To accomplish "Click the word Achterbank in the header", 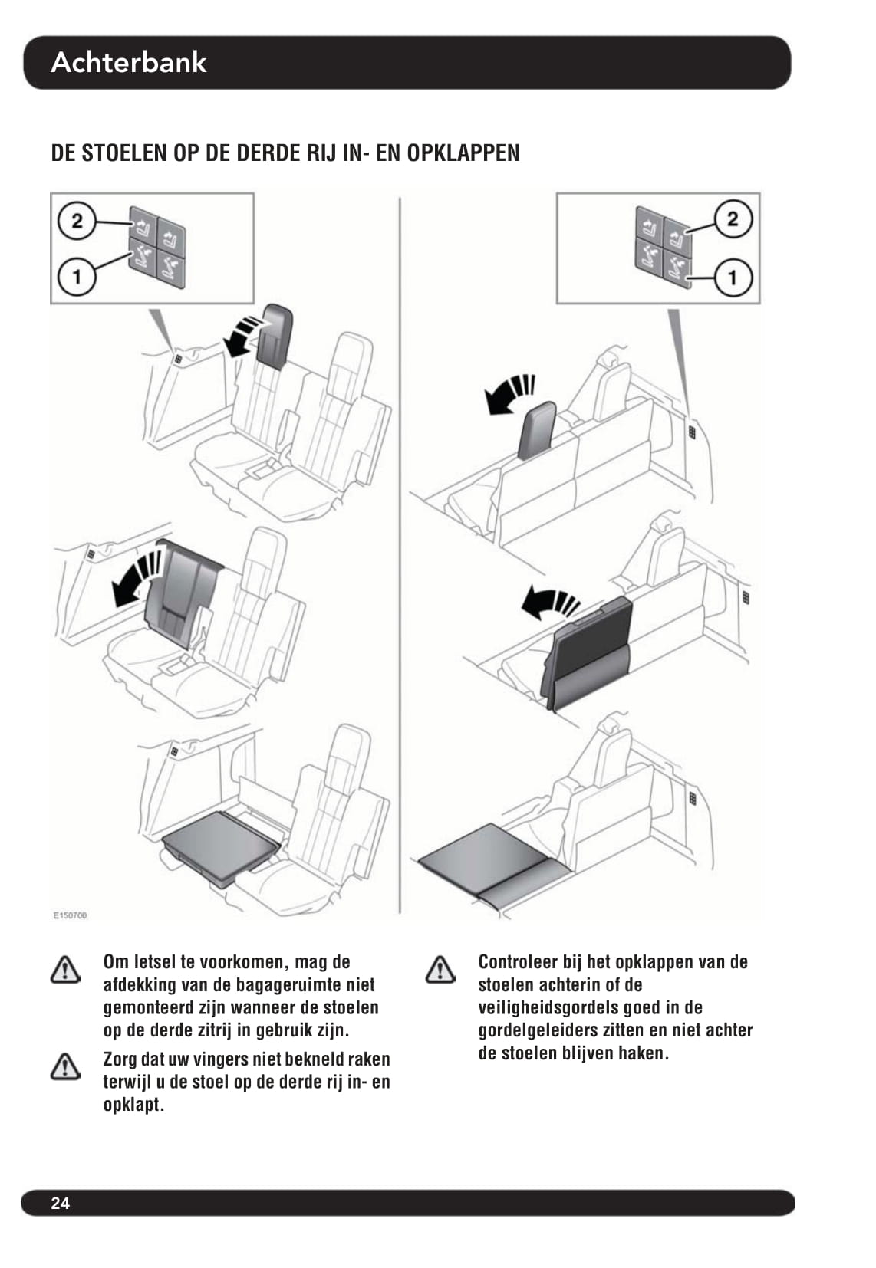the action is pos(129,62).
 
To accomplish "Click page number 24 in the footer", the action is pos(60,1204).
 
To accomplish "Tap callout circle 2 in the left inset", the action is pos(77,221).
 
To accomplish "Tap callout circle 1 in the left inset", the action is pos(77,278).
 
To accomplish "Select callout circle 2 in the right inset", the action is pos(733,219).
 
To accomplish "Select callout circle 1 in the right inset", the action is pos(733,278).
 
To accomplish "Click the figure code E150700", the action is pos(71,915).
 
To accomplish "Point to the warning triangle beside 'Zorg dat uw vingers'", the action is pos(65,1066).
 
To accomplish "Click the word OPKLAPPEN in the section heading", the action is pos(463,153).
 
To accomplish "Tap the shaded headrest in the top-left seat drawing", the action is pos(274,337).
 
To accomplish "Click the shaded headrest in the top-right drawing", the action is pos(537,430).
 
